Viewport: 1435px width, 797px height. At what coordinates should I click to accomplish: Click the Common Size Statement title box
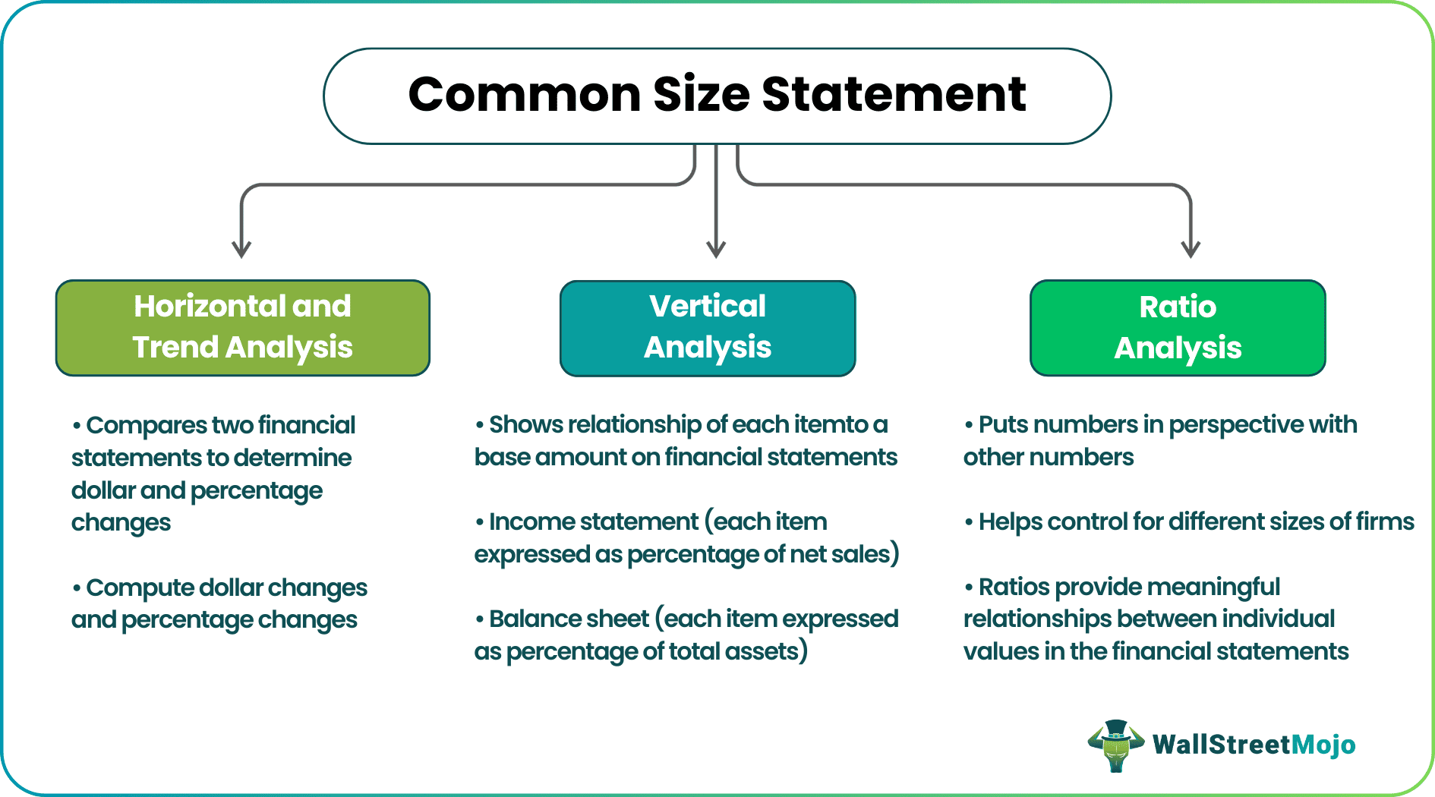pos(717,96)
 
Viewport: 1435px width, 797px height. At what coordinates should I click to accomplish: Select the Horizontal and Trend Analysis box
pos(243,328)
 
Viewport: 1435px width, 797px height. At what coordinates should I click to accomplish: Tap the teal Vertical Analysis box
pos(708,328)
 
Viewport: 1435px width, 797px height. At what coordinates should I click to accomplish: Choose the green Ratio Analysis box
pos(1178,328)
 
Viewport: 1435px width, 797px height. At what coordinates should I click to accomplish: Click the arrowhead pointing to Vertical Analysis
pos(716,250)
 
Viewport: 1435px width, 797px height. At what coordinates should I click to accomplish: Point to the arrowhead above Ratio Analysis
pos(1191,250)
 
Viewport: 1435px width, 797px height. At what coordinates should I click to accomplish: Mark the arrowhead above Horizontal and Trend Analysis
pos(241,250)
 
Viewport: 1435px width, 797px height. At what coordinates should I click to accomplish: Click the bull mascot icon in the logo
pos(1115,745)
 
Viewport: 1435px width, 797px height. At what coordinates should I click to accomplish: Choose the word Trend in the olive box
pos(176,347)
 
